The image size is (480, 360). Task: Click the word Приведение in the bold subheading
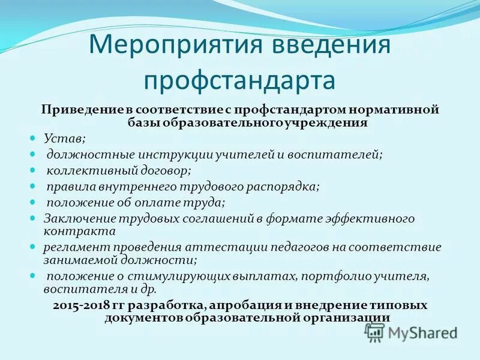(x=74, y=110)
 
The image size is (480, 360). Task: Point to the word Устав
(x=64, y=139)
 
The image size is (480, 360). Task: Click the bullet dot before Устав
(x=34, y=138)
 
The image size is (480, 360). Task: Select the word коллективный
(x=84, y=170)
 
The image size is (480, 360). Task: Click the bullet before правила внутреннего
(x=34, y=187)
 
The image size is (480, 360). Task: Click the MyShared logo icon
(x=375, y=332)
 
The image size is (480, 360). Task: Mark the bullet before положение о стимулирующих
(x=34, y=275)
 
